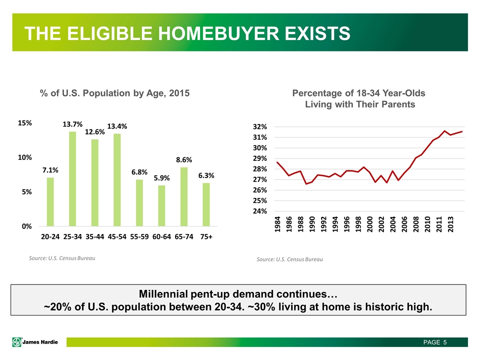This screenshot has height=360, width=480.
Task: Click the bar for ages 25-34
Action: point(72,179)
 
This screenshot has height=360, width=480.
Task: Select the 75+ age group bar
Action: point(206,204)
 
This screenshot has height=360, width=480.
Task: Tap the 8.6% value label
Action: point(184,160)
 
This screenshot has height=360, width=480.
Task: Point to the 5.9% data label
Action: point(161,178)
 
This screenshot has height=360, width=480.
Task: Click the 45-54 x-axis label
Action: point(117,236)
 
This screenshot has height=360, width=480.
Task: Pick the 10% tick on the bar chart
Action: point(25,157)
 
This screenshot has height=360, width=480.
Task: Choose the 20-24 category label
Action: point(50,236)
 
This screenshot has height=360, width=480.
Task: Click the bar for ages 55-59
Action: point(139,203)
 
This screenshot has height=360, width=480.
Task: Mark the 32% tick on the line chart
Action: point(260,126)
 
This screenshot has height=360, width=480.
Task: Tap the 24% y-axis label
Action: point(260,211)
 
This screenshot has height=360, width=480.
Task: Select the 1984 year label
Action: point(277,224)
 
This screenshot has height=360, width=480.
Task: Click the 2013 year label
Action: point(450,224)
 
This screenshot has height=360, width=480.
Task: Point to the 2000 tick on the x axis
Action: point(370,224)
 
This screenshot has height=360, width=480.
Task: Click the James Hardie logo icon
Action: point(17,342)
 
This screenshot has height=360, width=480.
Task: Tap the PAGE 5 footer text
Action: point(435,342)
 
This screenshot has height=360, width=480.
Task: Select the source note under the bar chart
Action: point(62,258)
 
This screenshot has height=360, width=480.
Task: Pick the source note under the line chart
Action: point(289,259)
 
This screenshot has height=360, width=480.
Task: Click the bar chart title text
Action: point(115,93)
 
